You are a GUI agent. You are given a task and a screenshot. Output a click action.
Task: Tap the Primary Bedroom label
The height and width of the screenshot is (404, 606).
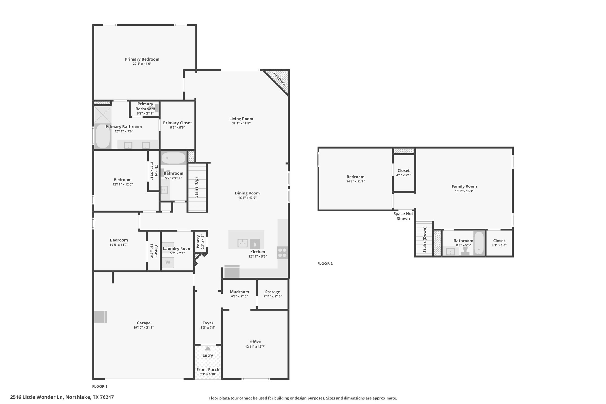click(142, 59)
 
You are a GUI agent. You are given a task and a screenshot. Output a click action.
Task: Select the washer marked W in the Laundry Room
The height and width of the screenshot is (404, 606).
click(168, 262)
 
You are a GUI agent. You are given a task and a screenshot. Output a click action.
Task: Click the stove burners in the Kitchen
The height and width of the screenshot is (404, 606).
click(282, 253)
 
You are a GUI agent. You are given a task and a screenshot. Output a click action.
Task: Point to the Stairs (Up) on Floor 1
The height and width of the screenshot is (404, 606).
click(197, 188)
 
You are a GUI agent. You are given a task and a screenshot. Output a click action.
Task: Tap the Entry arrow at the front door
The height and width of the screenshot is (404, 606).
click(208, 348)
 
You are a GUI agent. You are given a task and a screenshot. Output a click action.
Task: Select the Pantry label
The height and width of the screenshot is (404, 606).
click(198, 242)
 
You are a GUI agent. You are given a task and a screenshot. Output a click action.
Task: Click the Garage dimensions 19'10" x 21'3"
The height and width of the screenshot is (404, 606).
click(143, 328)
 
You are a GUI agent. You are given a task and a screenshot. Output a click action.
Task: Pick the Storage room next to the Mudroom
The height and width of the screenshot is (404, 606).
click(273, 294)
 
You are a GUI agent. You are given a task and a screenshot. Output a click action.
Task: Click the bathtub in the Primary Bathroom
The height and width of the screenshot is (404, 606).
click(103, 136)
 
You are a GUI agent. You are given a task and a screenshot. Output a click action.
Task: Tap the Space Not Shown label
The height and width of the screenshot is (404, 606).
click(403, 216)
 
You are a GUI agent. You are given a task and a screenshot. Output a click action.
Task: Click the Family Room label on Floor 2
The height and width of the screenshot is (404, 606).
click(464, 186)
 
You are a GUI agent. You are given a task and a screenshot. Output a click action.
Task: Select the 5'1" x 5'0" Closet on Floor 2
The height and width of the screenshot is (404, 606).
click(499, 243)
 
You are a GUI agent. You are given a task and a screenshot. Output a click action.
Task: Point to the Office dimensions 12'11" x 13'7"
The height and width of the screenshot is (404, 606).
click(255, 347)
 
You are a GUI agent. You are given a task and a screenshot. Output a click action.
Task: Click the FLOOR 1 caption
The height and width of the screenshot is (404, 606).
click(100, 386)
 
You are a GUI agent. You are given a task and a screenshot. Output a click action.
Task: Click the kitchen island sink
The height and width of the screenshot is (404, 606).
click(242, 243)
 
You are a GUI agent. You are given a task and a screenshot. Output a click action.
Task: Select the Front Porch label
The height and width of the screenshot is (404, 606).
click(208, 369)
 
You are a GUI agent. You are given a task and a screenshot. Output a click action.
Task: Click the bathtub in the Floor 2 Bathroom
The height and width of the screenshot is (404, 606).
click(479, 243)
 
